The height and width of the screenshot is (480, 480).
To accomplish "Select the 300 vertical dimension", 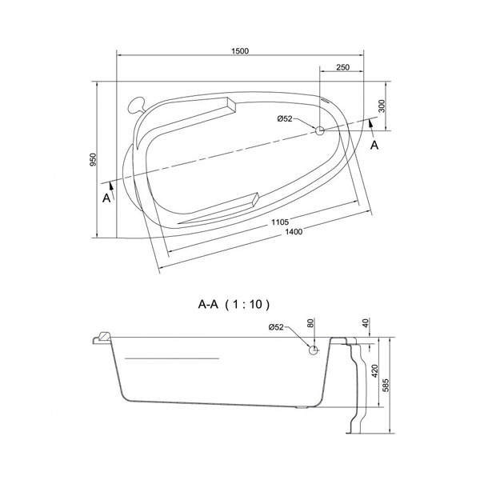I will (383, 106).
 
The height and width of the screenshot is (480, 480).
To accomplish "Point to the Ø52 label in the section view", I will (276, 327).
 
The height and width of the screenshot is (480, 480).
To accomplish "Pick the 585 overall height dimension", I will (390, 384).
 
